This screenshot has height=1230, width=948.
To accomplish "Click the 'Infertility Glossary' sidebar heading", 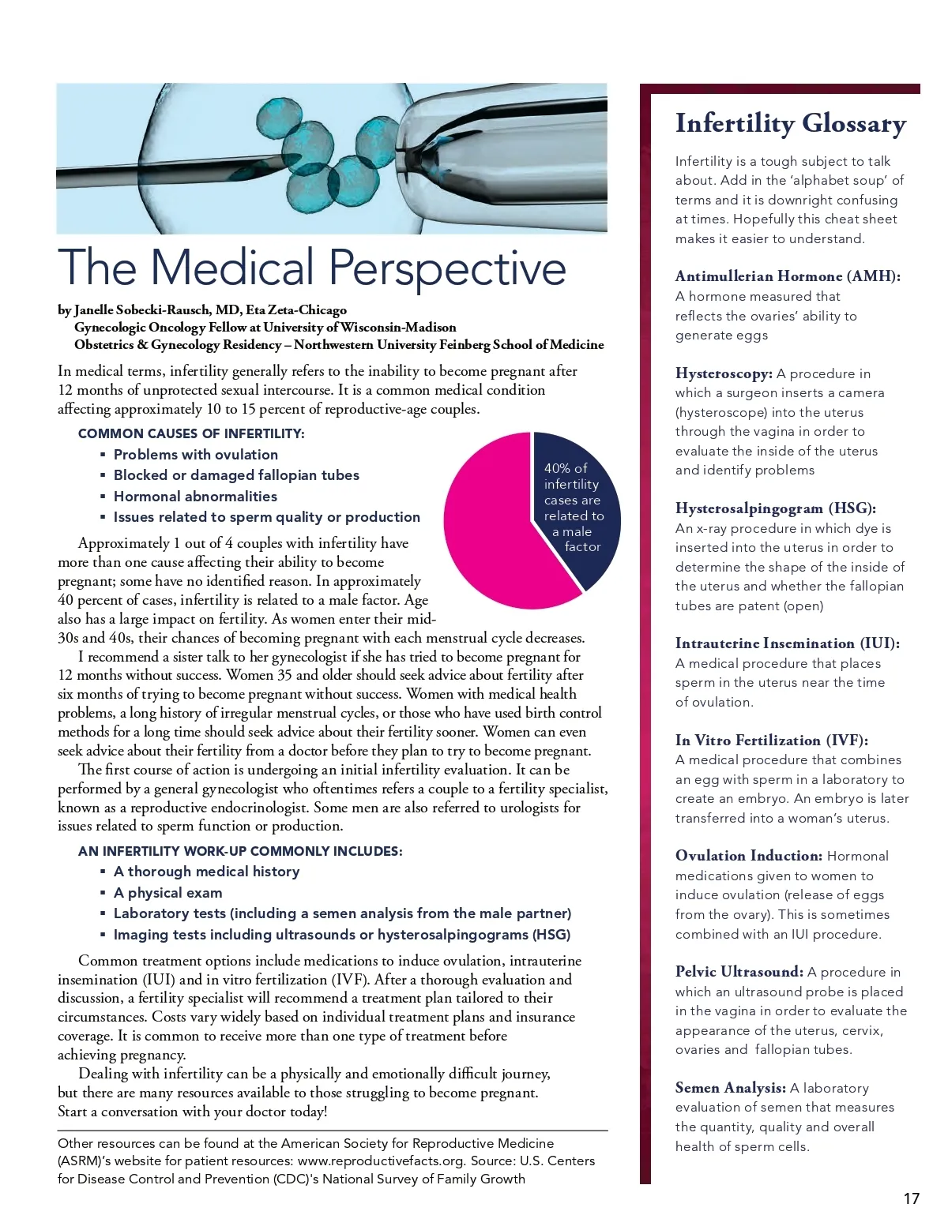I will (x=790, y=124).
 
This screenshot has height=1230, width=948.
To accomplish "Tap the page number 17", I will (x=911, y=1198).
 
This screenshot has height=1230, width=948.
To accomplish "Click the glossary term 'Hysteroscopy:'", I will (x=724, y=373).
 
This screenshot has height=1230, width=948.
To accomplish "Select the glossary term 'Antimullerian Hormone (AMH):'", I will (x=788, y=276).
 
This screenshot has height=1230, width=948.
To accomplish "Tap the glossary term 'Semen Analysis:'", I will (x=730, y=1088).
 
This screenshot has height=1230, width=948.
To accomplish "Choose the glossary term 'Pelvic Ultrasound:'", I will (x=739, y=972).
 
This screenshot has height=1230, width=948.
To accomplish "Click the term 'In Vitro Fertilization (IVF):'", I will (x=771, y=741).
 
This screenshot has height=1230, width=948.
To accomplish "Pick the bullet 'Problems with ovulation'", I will (x=196, y=455).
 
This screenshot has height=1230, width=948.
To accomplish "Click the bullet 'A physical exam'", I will (x=167, y=893).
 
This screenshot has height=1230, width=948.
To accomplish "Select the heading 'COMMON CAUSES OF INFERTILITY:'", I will (x=190, y=433).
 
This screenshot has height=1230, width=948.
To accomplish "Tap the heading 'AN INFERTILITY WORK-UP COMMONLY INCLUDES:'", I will (x=240, y=851).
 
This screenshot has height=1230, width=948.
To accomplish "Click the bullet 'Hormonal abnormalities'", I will (x=195, y=497).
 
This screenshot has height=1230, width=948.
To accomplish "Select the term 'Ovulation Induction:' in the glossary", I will (x=748, y=856).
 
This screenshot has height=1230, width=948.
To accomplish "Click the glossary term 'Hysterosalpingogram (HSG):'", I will (x=775, y=508).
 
